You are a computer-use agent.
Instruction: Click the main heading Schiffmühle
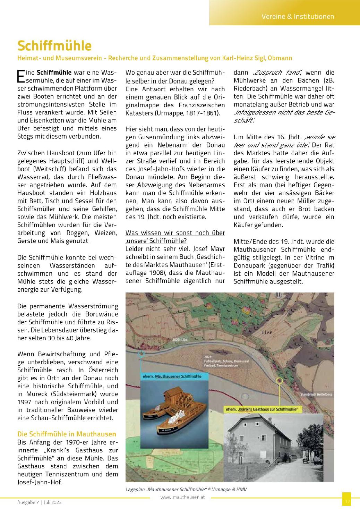[54, 45]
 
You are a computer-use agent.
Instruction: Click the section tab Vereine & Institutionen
[298, 16]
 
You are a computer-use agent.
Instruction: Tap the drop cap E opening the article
[21, 76]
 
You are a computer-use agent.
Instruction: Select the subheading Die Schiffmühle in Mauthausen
[67, 434]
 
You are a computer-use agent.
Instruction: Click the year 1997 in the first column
[25, 402]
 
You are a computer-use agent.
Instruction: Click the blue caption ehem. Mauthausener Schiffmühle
[171, 376]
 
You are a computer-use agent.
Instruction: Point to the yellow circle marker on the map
[280, 380]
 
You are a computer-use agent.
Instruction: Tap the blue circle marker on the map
[141, 354]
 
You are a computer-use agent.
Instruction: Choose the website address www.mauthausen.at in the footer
[183, 497]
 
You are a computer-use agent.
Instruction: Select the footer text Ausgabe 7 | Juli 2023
[39, 502]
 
